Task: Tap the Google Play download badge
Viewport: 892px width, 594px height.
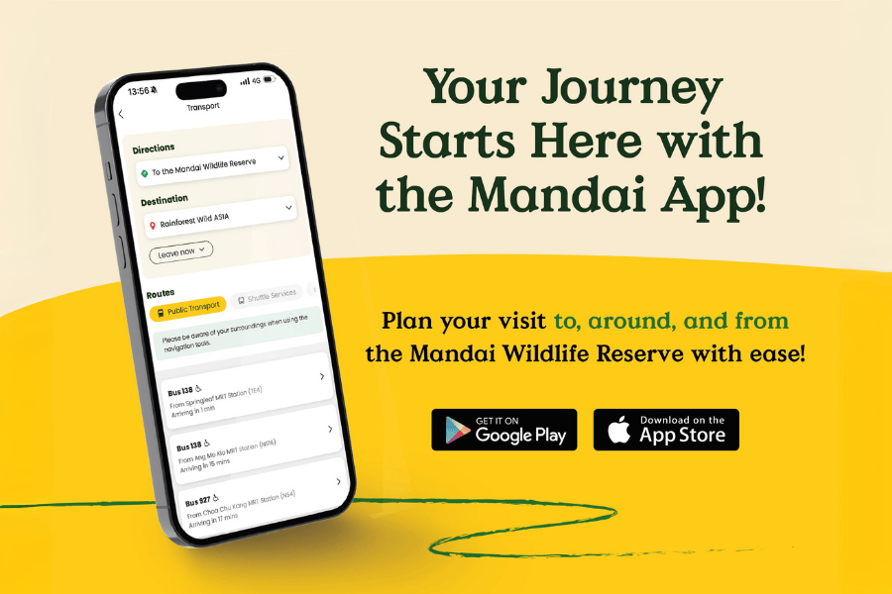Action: click(503, 430)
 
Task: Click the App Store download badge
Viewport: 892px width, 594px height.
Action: click(666, 430)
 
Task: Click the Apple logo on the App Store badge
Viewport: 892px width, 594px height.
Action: click(618, 431)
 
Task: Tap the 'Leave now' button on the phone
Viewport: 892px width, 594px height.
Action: click(180, 252)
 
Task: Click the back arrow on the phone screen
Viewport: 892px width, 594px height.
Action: click(121, 114)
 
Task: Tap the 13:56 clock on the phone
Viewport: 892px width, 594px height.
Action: click(138, 91)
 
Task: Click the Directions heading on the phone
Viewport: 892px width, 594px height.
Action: click(154, 148)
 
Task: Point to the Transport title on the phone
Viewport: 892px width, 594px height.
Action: click(203, 106)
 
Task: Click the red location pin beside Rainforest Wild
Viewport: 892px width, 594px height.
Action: click(153, 226)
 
